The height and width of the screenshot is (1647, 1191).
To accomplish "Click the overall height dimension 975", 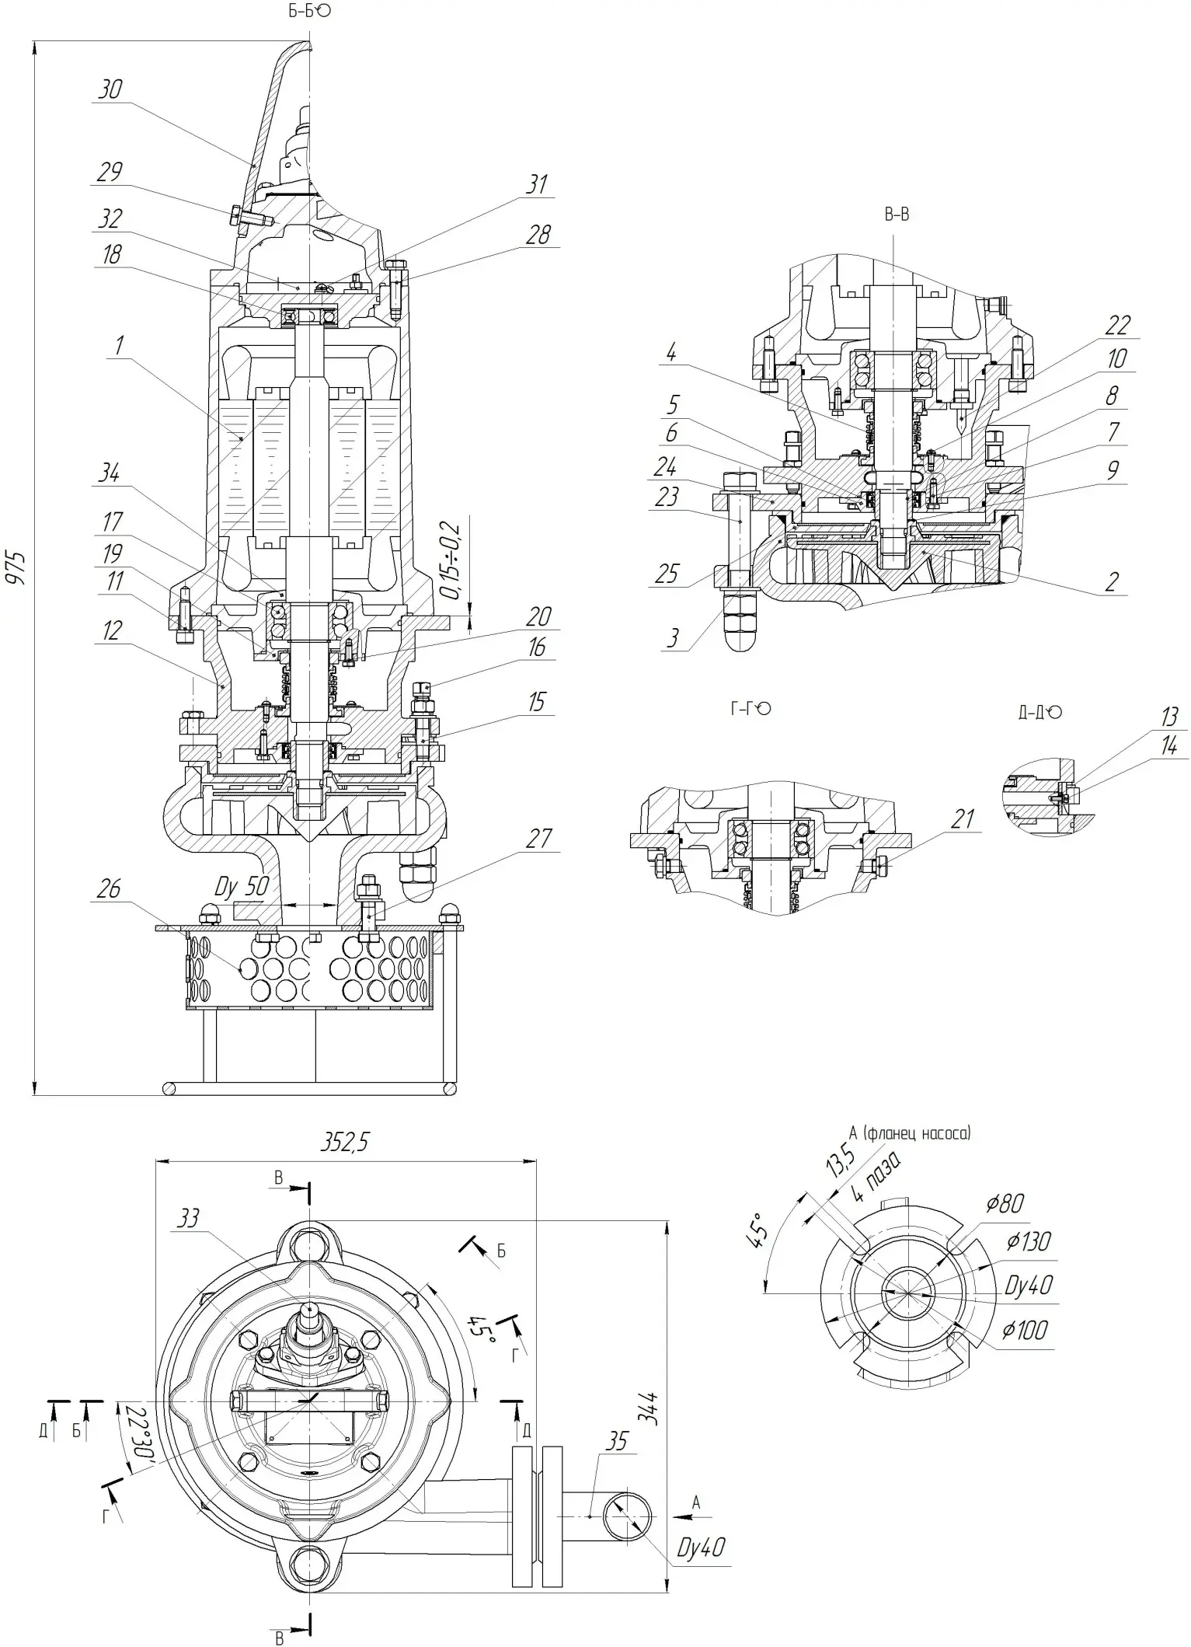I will coord(16,568).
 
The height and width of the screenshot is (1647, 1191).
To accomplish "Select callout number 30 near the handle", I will coord(110,89).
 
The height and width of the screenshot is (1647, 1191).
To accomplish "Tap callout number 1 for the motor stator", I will coord(119,345).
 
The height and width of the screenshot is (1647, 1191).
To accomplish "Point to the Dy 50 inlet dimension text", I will coord(242,887).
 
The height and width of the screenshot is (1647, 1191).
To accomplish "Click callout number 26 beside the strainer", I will coord(109,888).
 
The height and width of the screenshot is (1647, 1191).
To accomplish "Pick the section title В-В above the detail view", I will coord(896,215).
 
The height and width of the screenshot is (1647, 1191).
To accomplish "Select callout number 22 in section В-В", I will coord(1117,325).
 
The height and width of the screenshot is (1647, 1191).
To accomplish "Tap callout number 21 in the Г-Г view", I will coord(963,818).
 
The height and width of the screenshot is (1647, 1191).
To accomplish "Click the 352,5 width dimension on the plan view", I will coord(344,1142).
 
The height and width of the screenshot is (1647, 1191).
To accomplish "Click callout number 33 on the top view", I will coord(189,1218).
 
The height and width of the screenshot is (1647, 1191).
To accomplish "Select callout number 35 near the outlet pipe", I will coord(616,1442).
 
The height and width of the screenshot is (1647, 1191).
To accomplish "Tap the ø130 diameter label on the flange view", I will coord(1029,1242).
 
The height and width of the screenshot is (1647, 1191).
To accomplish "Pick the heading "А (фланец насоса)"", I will coord(910,1133).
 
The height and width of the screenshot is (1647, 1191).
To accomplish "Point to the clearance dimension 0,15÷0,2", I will coord(453,560).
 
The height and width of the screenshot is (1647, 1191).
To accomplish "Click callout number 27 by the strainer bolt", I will coord(538,839).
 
